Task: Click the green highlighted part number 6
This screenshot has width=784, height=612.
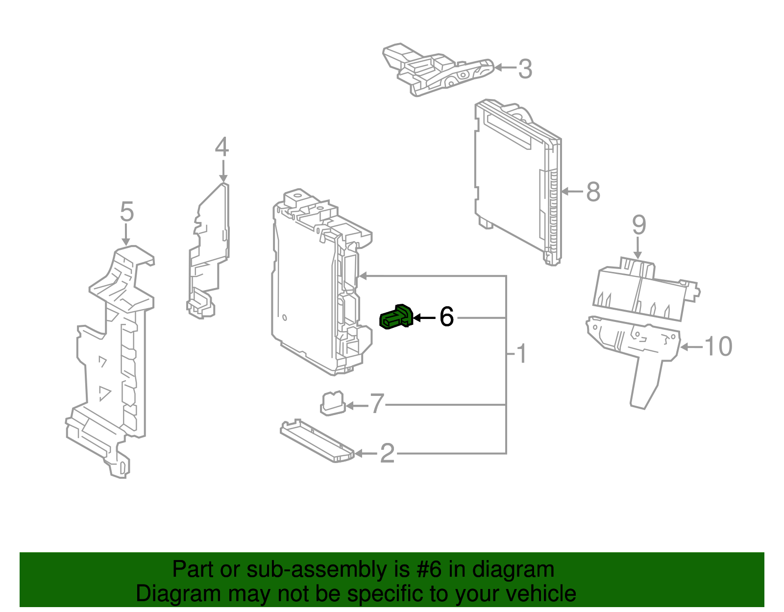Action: [396, 318]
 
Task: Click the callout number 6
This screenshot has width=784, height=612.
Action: [446, 317]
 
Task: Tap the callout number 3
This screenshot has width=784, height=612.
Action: [525, 69]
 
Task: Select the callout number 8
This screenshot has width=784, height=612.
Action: [593, 192]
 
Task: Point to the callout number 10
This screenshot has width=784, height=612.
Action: [718, 346]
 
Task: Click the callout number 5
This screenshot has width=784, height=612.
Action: [126, 212]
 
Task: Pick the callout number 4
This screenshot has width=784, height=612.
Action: [222, 147]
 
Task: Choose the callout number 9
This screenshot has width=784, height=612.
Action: [638, 225]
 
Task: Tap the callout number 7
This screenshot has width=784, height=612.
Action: [376, 404]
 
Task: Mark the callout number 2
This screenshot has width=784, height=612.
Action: [387, 454]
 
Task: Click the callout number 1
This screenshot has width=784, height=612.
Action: [522, 353]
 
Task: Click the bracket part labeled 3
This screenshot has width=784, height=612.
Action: [436, 71]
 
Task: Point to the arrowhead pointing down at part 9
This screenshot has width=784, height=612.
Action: [637, 255]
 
